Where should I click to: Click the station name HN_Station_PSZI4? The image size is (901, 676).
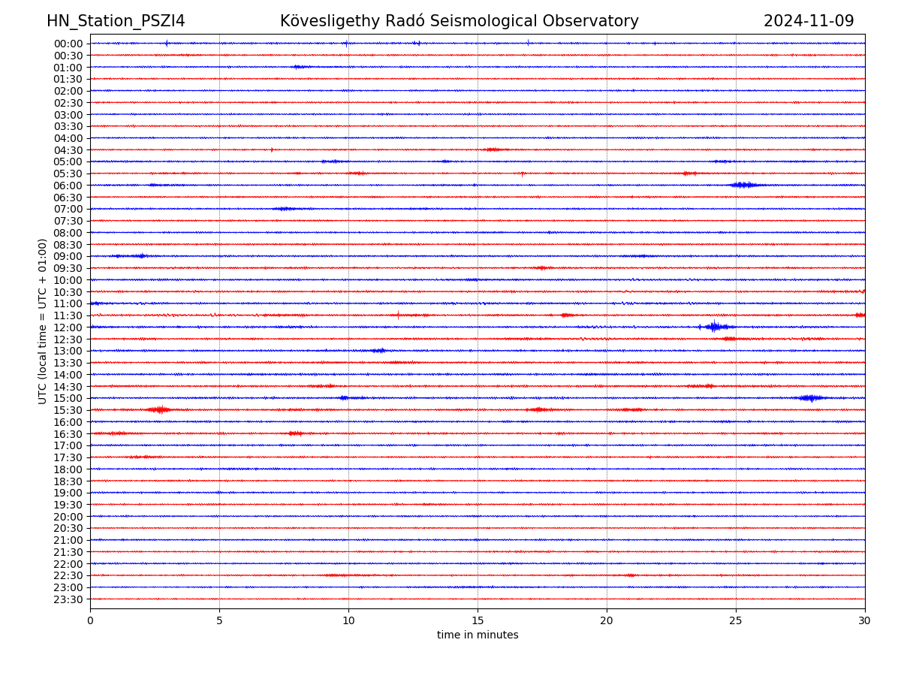click(116, 22)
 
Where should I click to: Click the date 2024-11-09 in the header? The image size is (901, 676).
click(809, 22)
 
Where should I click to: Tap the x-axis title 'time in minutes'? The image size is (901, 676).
click(478, 635)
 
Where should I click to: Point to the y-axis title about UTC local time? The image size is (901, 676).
click(44, 321)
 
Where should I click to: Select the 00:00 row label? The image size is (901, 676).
click(68, 44)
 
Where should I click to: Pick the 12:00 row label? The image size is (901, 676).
click(68, 327)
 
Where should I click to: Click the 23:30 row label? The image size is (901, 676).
click(68, 599)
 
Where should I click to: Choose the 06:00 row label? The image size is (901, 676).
click(68, 186)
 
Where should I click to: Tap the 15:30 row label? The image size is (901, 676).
click(68, 410)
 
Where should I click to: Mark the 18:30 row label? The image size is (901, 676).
click(68, 481)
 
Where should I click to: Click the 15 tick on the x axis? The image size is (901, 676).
click(478, 620)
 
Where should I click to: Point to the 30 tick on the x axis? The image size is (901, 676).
click(865, 620)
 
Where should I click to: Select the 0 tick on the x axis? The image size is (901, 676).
click(90, 620)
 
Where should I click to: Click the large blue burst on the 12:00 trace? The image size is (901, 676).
click(714, 327)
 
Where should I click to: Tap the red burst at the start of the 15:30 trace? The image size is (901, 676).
click(159, 409)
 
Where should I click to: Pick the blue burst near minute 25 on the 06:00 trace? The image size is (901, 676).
click(744, 185)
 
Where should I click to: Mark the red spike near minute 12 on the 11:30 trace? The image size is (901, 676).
click(398, 315)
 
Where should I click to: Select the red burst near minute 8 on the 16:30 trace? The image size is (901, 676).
click(295, 433)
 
